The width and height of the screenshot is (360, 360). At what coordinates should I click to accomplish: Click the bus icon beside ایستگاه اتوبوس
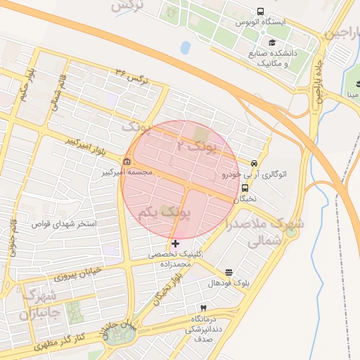click(261, 12)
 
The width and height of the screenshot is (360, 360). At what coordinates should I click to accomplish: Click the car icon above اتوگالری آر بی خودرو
click(254, 162)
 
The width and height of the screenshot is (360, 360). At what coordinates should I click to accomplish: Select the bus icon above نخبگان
click(245, 188)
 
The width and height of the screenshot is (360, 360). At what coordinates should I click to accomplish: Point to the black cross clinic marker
click(175, 243)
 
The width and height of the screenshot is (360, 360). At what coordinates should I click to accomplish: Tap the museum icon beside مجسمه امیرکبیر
click(127, 161)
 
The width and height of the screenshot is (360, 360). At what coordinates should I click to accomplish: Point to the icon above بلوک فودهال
click(229, 272)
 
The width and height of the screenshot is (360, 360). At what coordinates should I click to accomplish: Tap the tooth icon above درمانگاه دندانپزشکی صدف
click(204, 308)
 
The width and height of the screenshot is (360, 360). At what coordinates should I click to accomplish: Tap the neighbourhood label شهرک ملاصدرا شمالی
click(265, 232)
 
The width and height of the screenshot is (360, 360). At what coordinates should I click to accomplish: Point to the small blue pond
click(185, 48)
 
